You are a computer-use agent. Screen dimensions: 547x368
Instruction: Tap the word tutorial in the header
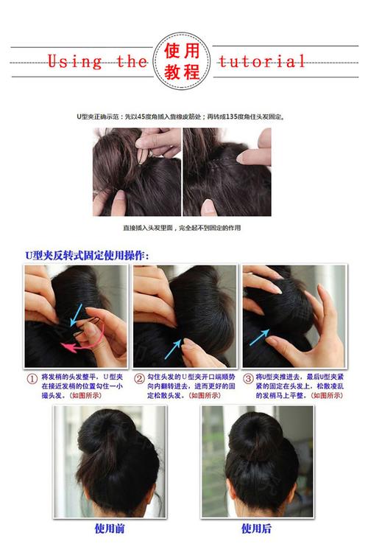point(262,61)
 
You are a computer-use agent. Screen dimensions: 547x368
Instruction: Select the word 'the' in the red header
point(132,61)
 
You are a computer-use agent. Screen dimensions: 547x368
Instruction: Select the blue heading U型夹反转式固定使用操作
point(86,255)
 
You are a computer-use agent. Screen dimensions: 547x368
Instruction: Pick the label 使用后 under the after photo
point(257,529)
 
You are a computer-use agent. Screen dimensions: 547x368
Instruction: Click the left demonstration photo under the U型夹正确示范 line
point(136,173)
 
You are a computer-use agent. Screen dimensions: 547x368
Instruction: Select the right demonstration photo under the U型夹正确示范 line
point(227,173)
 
